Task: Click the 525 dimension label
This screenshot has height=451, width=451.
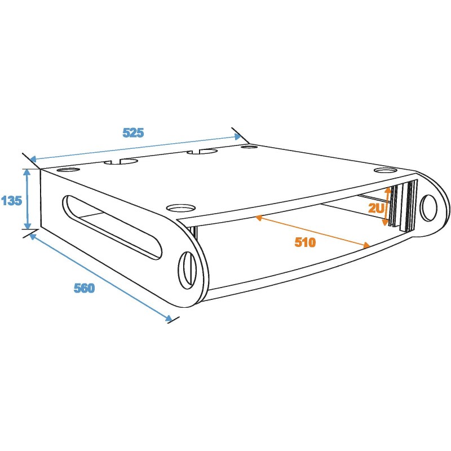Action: click(x=133, y=133)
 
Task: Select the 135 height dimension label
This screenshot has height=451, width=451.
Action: click(x=11, y=201)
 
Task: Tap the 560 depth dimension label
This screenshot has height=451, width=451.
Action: click(x=84, y=288)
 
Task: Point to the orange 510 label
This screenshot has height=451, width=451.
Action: click(x=305, y=242)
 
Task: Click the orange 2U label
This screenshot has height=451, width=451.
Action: click(x=376, y=208)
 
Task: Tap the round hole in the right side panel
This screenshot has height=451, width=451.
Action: click(x=428, y=207)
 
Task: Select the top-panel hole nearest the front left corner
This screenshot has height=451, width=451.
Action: click(x=181, y=207)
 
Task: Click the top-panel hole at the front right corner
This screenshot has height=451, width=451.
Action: click(x=386, y=170)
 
